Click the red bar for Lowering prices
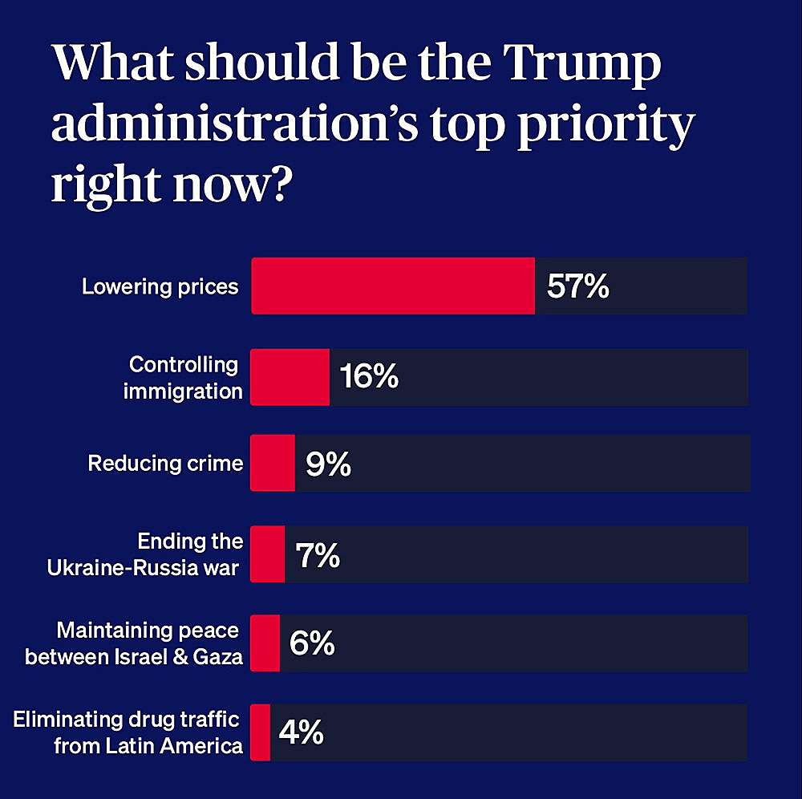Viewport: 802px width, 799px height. tap(393, 286)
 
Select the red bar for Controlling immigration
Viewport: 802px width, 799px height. tap(290, 376)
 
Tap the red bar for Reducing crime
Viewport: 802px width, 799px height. tap(273, 463)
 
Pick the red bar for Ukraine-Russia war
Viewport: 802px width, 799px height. tap(268, 554)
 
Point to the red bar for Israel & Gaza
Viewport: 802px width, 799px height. tap(265, 643)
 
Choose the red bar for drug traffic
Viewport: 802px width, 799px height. tap(261, 732)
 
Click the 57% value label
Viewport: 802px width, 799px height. tap(577, 286)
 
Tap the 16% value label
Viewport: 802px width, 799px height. tap(369, 376)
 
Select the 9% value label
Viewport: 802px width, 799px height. tap(328, 464)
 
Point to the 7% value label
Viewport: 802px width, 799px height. tap(318, 554)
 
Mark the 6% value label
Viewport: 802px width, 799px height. tap(312, 643)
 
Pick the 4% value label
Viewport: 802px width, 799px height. tap(301, 732)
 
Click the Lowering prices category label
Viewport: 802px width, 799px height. tap(160, 286)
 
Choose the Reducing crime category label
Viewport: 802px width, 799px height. tap(165, 463)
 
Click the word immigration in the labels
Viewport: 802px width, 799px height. tap(183, 391)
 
